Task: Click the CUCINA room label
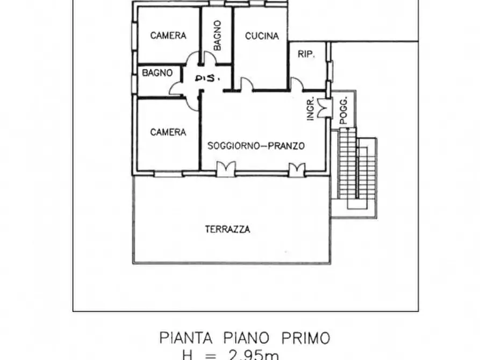coord(262,36)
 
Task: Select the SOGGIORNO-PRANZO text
coord(256,146)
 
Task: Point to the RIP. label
coord(306,54)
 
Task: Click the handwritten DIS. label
coord(207,78)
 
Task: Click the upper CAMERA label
coord(168,35)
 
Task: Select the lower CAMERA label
coord(168,132)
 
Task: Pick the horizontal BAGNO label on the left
coord(157,73)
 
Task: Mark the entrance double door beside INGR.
coord(323,108)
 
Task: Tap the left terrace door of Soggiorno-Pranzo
coord(226,169)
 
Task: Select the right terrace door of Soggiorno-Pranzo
coord(296,169)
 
